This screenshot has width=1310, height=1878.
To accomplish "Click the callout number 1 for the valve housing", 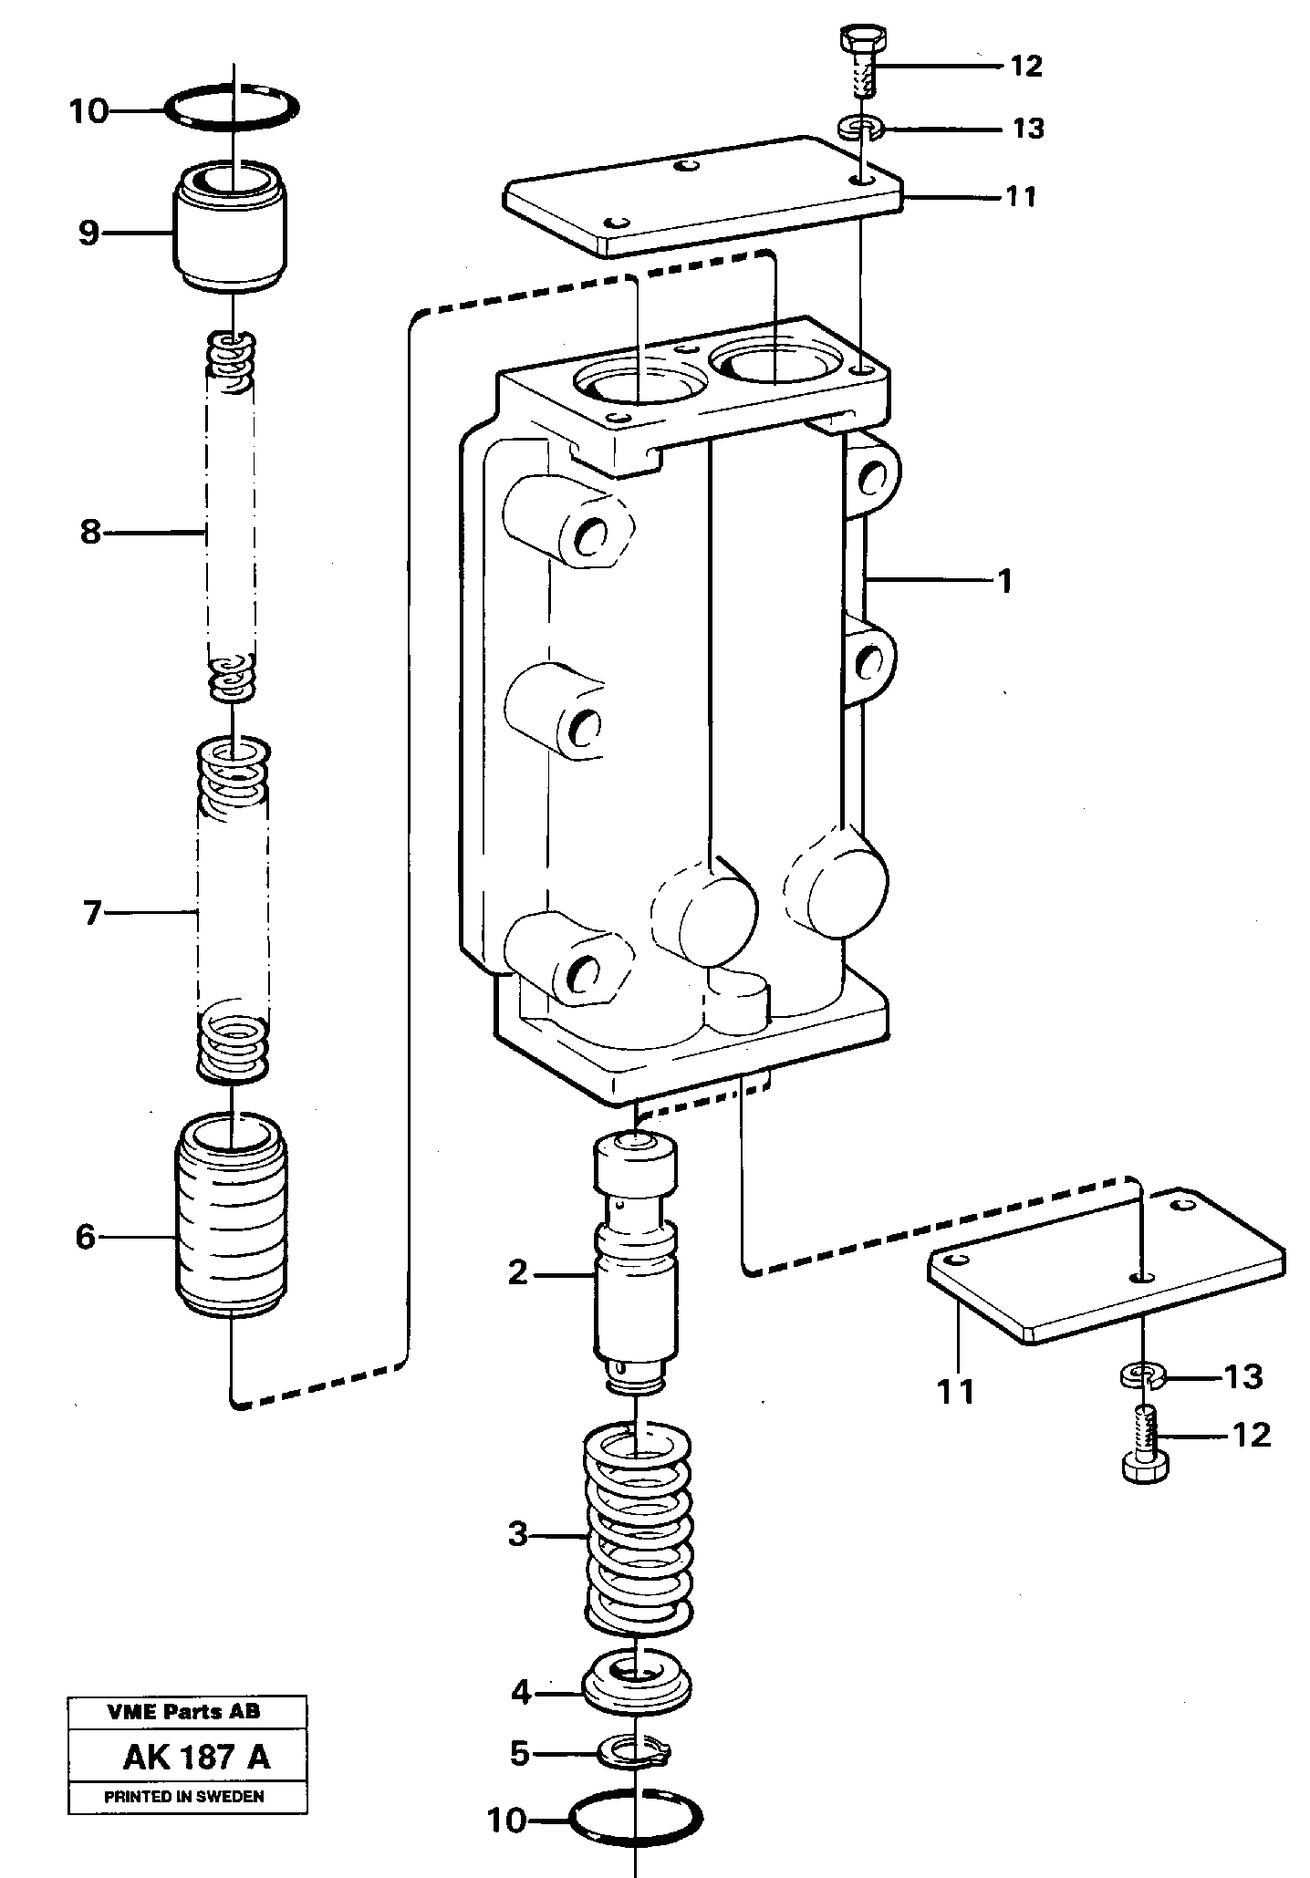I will coord(1004,582).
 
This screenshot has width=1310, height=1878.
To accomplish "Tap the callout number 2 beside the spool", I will coord(517,1272).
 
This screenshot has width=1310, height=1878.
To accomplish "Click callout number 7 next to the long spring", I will coord(90,913).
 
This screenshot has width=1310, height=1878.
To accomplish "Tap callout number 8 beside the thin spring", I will coord(89,532).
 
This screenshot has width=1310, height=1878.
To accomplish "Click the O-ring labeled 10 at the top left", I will coord(232,108).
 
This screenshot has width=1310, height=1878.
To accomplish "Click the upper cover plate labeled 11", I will coord(702,196).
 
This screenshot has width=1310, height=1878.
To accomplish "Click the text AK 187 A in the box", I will coord(196,1758).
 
